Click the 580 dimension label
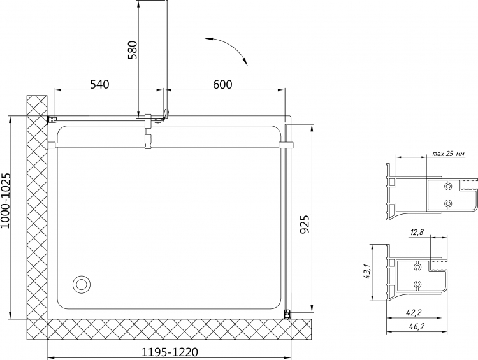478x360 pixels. coord(134,50)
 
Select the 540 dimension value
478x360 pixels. coord(99,84)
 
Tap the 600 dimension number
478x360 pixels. coord(222,84)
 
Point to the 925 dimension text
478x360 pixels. coord(305,224)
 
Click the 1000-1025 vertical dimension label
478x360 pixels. coord(6,201)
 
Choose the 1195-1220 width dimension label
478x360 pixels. coord(170,352)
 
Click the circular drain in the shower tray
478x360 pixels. coord(82,284)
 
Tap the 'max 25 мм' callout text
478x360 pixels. coord(449,154)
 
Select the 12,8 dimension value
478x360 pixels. coord(417,233)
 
